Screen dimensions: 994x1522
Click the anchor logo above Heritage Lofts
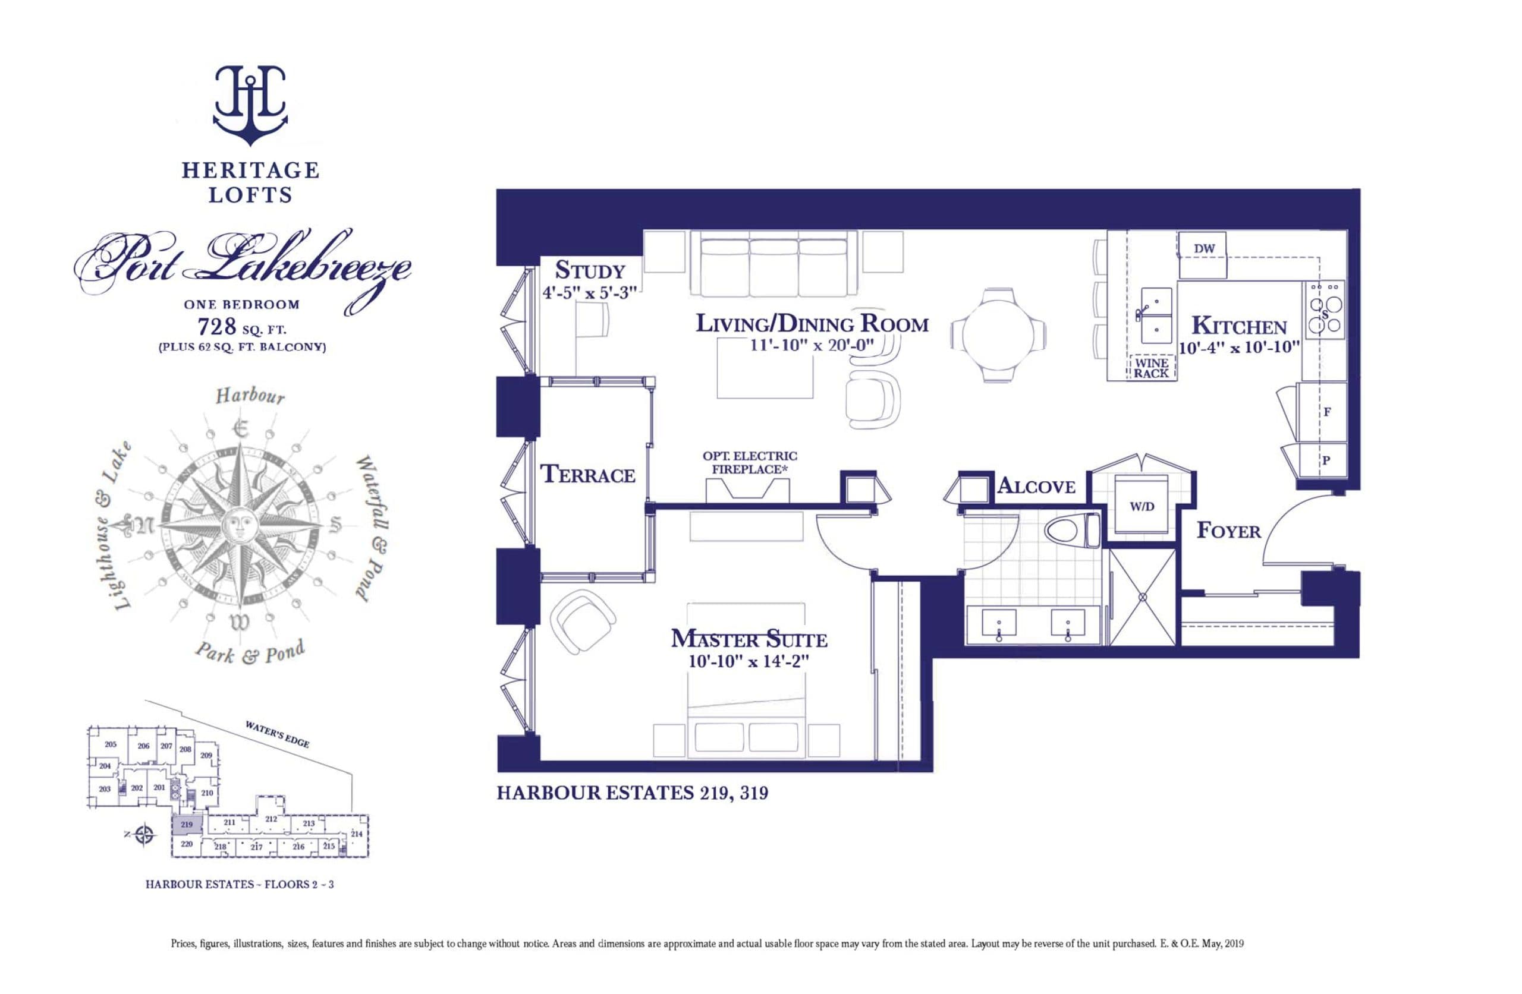(x=250, y=106)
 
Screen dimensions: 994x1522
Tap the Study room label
(x=590, y=271)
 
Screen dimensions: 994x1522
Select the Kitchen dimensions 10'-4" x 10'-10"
(x=1240, y=348)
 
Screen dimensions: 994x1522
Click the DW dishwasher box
(x=1203, y=250)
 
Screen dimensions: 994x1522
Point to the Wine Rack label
(x=1151, y=368)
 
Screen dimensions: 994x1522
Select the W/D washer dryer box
(x=1142, y=507)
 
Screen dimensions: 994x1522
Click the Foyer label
(x=1228, y=531)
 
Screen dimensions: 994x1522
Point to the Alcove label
(x=1036, y=487)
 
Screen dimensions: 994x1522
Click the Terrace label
(x=588, y=475)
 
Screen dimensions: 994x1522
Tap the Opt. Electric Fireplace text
(x=750, y=463)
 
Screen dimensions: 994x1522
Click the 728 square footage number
(x=218, y=327)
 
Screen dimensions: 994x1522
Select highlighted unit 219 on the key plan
(x=187, y=825)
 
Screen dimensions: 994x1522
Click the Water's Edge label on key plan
(x=278, y=734)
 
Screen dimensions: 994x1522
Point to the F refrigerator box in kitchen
(x=1327, y=412)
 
